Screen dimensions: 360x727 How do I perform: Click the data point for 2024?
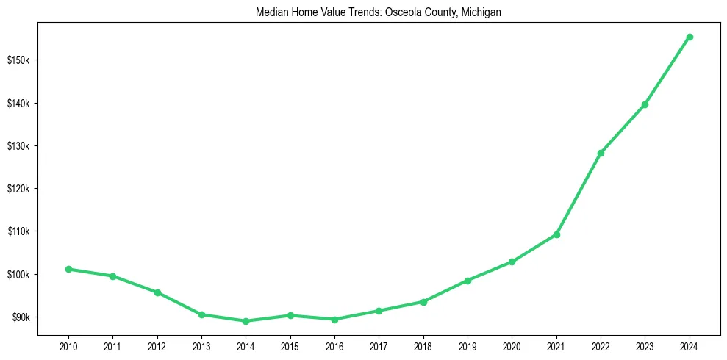(690, 37)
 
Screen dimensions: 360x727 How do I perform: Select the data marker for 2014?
(246, 321)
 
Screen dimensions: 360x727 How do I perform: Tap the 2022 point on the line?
(601, 153)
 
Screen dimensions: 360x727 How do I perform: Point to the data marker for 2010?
(68, 269)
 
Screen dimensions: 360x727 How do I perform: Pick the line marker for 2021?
(556, 234)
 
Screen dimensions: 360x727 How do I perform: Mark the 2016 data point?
(334, 320)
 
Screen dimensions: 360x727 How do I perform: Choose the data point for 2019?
(468, 280)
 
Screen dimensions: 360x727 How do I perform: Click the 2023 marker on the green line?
(645, 104)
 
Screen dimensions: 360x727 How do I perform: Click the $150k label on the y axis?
(18, 60)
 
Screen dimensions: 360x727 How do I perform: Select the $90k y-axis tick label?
(20, 317)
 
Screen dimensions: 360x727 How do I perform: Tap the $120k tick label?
(18, 189)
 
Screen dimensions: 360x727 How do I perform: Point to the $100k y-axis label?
(18, 275)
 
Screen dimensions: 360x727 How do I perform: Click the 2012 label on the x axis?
(157, 345)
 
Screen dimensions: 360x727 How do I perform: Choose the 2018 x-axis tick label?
(423, 345)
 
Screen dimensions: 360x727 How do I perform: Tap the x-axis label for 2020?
(512, 345)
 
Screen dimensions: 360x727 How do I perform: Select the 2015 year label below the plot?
(290, 345)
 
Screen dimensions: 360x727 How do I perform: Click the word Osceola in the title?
(403, 12)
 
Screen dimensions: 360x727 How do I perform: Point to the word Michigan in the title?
(481, 12)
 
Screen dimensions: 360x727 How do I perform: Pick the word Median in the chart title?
(271, 12)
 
